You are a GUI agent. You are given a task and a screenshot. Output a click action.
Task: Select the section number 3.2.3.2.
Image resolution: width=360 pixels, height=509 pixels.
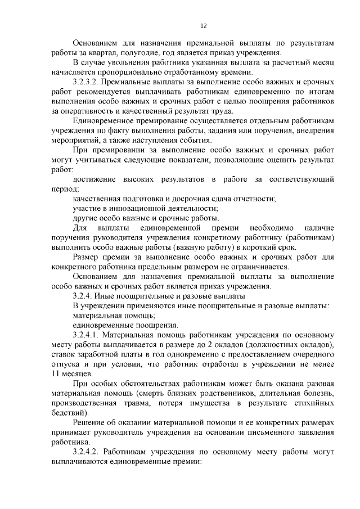click(89, 82)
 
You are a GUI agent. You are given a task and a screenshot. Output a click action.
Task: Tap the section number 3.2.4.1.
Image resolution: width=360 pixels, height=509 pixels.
click(89, 335)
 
